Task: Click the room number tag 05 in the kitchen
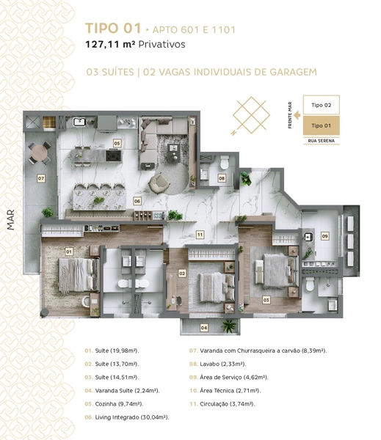click(117, 144)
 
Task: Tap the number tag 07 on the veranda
click(41, 178)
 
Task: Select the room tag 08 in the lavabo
click(222, 178)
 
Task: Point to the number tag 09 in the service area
click(324, 236)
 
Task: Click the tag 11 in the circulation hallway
click(200, 235)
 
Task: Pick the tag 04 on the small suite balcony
click(204, 328)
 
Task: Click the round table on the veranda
click(40, 153)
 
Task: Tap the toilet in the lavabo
click(224, 163)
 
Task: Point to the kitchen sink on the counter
click(79, 122)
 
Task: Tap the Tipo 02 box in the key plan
click(321, 105)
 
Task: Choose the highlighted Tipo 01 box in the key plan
click(321, 125)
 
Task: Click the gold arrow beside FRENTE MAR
click(297, 115)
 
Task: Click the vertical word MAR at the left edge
click(11, 220)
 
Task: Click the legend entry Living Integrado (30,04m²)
click(127, 417)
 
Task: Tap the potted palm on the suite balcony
click(229, 326)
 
